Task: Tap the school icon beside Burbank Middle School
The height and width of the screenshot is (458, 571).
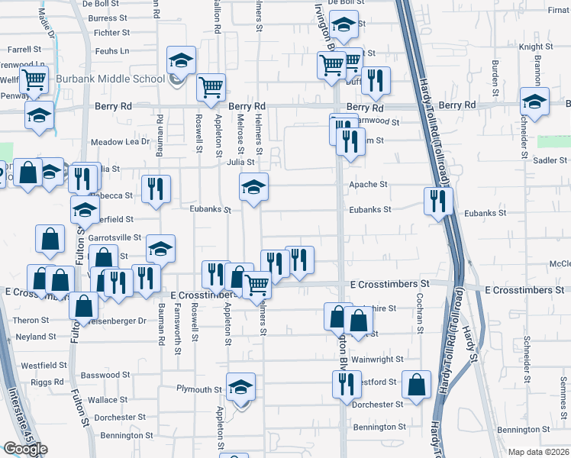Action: coord(182,60)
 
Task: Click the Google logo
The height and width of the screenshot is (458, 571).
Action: coord(25,449)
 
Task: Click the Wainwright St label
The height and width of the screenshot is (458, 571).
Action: coord(376,359)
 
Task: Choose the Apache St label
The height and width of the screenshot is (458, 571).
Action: coord(369,185)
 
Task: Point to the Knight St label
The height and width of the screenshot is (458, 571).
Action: coord(530,47)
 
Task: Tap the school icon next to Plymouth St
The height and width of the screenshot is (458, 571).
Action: coord(241,387)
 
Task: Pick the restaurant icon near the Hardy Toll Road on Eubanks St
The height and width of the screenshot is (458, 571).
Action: coord(438,202)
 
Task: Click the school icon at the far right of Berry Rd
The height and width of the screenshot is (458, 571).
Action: coord(534,102)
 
